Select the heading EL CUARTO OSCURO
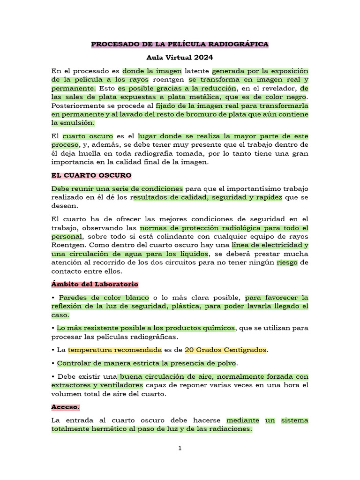pos(91,175)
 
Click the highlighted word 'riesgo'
pos(286,262)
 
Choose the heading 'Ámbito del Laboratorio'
pos(95,284)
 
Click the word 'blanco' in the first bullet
pos(135,298)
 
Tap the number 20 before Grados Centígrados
pos(189,350)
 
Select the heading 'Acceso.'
pos(65,407)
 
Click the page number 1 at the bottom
pos(180,449)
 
